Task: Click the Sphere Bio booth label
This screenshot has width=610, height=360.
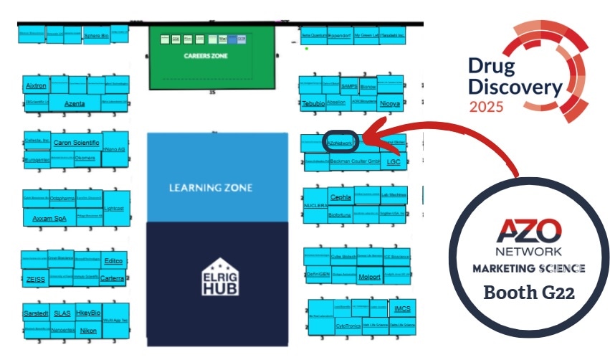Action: click(96, 34)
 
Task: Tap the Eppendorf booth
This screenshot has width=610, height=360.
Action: click(339, 34)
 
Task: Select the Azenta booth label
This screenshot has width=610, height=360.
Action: click(75, 103)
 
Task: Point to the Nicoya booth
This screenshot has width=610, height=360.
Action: click(389, 103)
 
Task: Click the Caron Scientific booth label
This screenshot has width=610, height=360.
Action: click(76, 143)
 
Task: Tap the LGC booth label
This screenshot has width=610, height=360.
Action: click(394, 162)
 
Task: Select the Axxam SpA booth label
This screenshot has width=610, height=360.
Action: click(49, 218)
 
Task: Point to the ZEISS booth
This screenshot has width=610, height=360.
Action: click(35, 279)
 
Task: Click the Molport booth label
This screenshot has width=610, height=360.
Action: click(369, 276)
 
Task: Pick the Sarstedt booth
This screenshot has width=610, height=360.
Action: click(36, 313)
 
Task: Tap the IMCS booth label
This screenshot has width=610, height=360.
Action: click(401, 309)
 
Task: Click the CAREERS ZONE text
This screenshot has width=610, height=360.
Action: click(211, 55)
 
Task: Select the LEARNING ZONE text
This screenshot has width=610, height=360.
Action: click(211, 188)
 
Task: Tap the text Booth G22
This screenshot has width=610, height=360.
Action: click(528, 293)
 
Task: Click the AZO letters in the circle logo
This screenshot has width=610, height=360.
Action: click(529, 232)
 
